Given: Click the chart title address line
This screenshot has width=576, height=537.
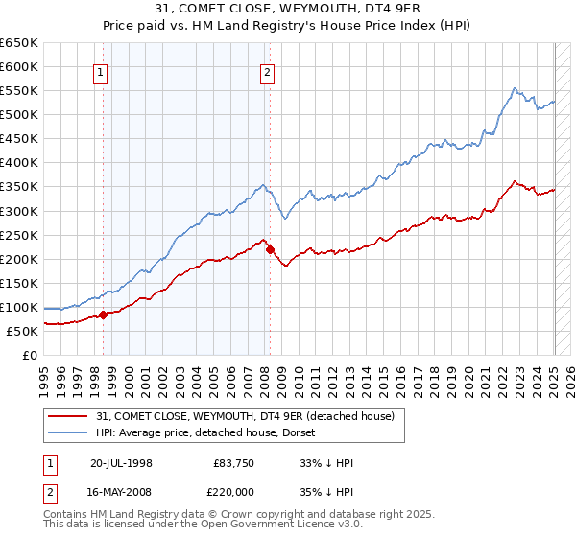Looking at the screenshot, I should tap(288, 9).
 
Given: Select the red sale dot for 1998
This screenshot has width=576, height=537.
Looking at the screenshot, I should tap(103, 315).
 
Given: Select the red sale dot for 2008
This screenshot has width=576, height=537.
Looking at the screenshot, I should tap(270, 249).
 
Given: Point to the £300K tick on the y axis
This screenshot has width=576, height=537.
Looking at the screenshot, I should tap(19, 211).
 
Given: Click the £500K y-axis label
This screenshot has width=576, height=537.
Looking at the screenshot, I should tap(19, 115).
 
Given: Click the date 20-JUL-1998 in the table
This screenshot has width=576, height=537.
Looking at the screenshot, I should tap(121, 463).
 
